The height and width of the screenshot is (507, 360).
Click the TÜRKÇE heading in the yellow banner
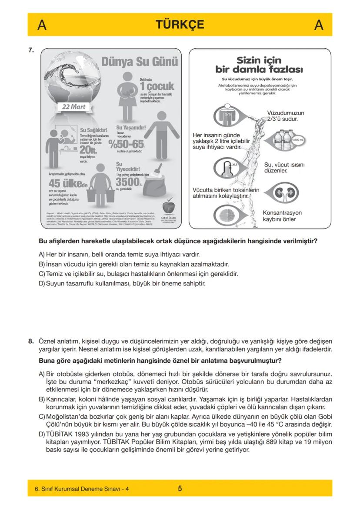(x=180, y=25)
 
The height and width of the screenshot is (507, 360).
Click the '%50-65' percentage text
(x=127, y=143)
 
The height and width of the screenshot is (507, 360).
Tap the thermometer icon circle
(x=227, y=168)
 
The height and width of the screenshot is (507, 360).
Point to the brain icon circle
(x=227, y=215)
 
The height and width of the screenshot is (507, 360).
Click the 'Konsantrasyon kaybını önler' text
(x=282, y=216)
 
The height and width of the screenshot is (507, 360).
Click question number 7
(x=31, y=50)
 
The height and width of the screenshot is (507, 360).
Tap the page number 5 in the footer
(x=180, y=488)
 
